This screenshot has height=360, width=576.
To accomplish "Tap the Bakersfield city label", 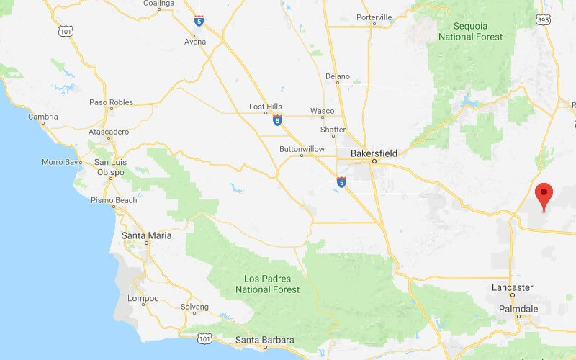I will tap(374, 153).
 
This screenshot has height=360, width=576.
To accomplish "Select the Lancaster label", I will tap(512, 287).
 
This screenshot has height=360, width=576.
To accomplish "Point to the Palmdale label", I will tap(518, 309).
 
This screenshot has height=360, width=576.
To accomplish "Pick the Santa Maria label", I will tap(146, 235).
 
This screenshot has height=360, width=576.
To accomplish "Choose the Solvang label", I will tap(194, 307).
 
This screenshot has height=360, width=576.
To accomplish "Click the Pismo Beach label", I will tap(114, 200).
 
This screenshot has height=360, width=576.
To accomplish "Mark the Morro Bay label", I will tap(79, 162).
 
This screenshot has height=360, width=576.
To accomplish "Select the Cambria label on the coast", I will tap(42, 117).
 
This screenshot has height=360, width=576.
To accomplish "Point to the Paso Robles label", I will tap(111, 102).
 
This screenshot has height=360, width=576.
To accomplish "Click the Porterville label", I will tap(374, 17).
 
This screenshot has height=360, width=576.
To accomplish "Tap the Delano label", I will tap(337, 76).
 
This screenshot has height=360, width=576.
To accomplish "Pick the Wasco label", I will tap(322, 111).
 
